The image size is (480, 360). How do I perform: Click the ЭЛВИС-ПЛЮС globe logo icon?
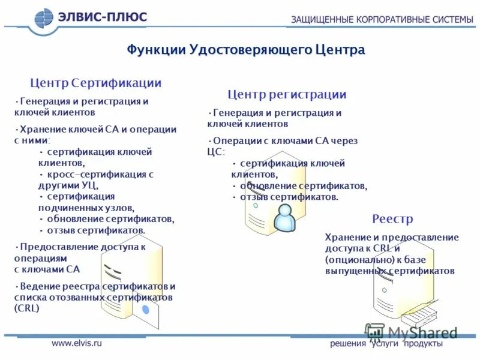44,18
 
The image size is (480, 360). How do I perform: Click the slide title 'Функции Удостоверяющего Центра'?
245,49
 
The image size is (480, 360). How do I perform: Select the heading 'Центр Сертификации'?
96,83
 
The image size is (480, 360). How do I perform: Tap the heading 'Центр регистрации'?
287,94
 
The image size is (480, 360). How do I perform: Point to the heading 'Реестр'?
392,218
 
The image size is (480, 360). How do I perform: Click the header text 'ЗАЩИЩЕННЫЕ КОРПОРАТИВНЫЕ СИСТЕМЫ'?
382,19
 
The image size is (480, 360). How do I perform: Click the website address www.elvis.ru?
77,343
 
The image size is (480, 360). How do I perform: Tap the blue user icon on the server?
284,218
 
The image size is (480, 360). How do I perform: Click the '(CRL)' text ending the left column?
26,308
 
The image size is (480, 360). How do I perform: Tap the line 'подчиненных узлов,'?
86,208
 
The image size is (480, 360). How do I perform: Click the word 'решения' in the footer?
348,343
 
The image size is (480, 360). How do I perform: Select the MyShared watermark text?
422,332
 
